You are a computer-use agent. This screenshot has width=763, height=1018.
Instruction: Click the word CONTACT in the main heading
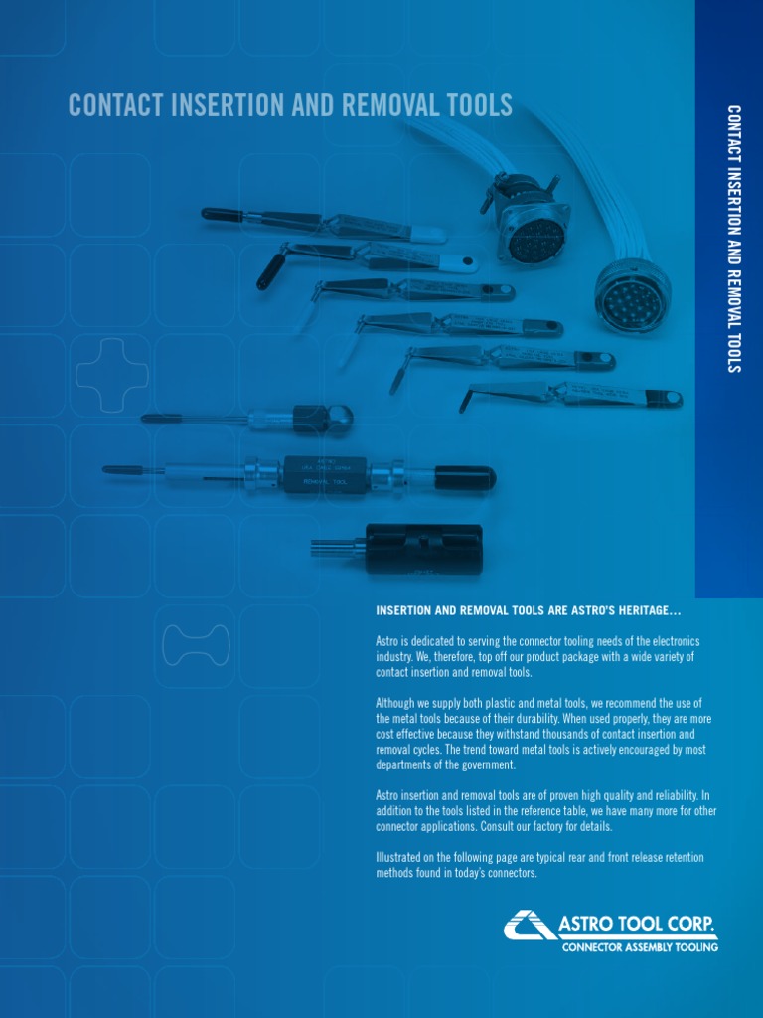pyautogui.click(x=117, y=106)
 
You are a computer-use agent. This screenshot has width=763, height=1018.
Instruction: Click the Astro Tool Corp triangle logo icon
pyautogui.click(x=529, y=925)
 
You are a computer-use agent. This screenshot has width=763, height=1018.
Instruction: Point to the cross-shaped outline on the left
pyautogui.click(x=112, y=375)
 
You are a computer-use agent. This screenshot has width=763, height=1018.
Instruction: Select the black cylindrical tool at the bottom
pyautogui.click(x=424, y=548)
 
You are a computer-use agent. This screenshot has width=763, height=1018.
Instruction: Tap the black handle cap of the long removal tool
pyautogui.click(x=464, y=478)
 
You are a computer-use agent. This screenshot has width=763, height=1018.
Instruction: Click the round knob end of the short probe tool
pyautogui.click(x=339, y=418)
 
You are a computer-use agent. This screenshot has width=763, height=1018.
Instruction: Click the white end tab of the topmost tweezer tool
pyautogui.click(x=428, y=236)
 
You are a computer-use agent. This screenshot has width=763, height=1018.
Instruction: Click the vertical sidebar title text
pyautogui.click(x=733, y=239)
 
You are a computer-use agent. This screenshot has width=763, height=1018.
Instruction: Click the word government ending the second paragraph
pyautogui.click(x=486, y=764)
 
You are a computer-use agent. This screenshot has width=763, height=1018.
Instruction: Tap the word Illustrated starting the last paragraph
pyautogui.click(x=404, y=857)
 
